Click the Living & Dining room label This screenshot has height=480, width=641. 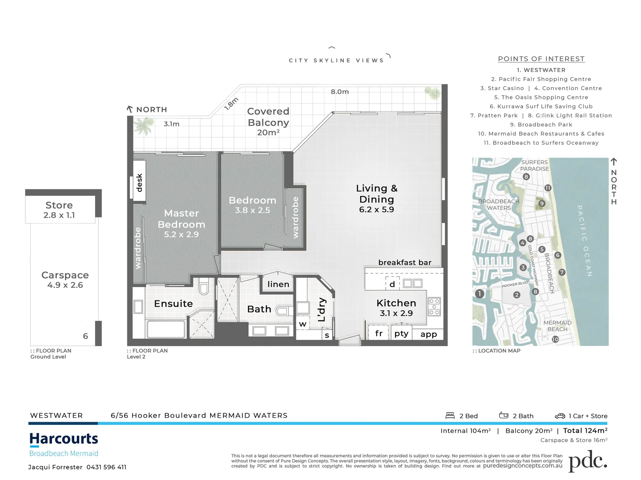[376, 194]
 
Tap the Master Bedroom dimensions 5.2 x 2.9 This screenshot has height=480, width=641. [181, 235]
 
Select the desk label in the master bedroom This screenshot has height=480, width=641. [139, 183]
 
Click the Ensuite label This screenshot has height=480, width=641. [173, 304]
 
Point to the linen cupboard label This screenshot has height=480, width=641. [278, 284]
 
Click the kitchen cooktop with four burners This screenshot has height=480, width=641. [434, 307]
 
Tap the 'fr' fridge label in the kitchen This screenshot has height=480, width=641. [379, 333]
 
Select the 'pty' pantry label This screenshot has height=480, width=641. [401, 333]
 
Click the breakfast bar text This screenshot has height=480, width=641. [404, 263]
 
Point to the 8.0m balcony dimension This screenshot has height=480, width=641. [339, 92]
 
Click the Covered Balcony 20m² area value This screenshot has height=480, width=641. [268, 132]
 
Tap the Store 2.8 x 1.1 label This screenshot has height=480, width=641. [59, 210]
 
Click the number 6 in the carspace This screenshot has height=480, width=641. [85, 336]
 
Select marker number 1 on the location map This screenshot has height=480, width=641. [479, 294]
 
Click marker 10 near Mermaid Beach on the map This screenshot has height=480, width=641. [555, 339]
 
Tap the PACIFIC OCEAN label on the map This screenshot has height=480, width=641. [585, 240]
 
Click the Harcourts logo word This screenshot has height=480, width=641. [64, 439]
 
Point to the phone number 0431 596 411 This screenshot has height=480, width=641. [106, 467]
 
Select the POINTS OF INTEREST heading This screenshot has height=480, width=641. [541, 59]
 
